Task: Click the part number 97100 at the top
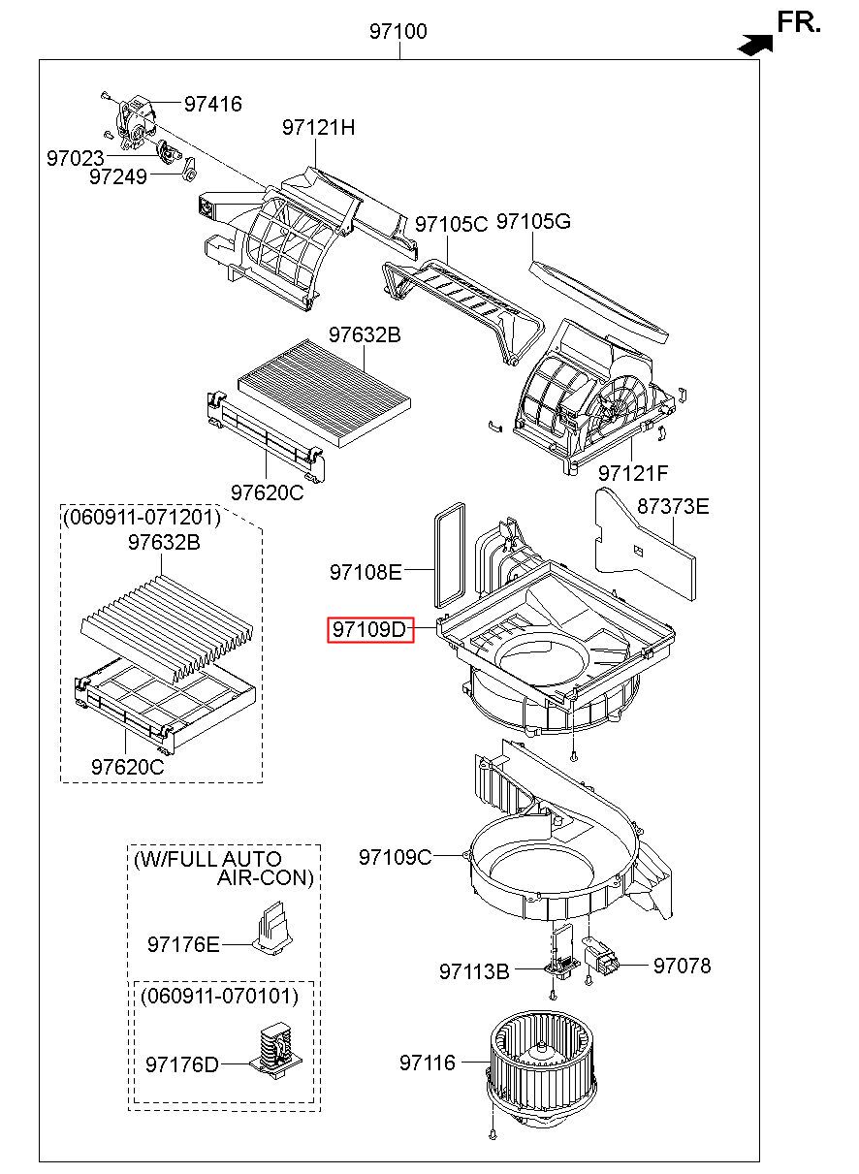(398, 32)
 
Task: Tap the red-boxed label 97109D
(369, 630)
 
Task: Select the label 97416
(212, 104)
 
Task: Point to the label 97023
(75, 156)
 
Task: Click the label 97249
(117, 176)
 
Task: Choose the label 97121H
(319, 127)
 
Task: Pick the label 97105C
(451, 224)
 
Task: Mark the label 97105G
(533, 222)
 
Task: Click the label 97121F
(633, 473)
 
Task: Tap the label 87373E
(673, 506)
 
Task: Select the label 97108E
(365, 572)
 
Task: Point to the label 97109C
(395, 857)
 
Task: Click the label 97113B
(474, 970)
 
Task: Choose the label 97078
(682, 966)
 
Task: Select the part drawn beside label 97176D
(274, 1052)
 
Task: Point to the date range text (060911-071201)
(143, 518)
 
